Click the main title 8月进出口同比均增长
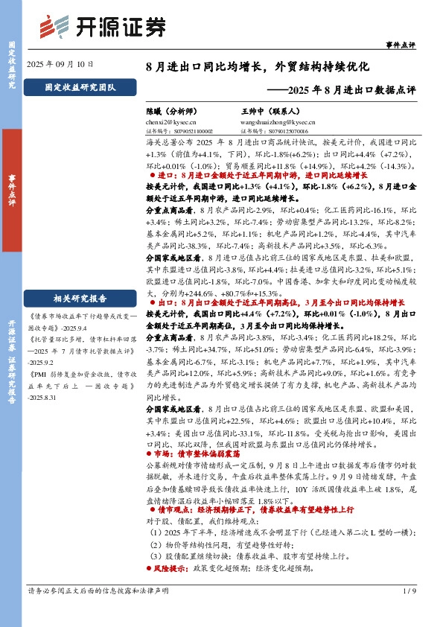(258, 66)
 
